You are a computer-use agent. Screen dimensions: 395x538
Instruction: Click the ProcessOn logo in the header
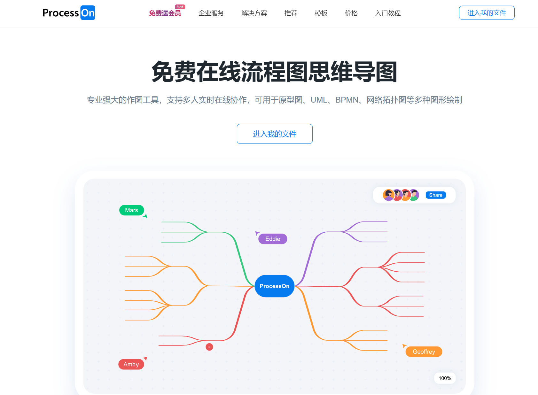click(x=69, y=13)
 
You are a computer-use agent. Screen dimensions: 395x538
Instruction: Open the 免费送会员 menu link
click(x=165, y=13)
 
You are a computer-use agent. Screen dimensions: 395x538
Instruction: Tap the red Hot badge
click(x=180, y=7)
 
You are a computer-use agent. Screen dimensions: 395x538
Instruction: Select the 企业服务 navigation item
click(x=211, y=13)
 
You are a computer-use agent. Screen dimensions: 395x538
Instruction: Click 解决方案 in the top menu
click(x=254, y=13)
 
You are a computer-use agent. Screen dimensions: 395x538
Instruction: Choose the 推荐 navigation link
click(x=291, y=13)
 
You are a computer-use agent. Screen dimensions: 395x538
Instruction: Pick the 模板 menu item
click(x=321, y=13)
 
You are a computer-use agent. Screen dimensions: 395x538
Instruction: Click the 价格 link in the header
click(x=351, y=13)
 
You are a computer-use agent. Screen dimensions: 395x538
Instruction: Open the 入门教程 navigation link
click(x=388, y=13)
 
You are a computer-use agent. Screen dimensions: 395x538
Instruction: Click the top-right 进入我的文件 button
click(x=487, y=13)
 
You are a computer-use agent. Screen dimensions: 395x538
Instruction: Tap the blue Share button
click(x=435, y=195)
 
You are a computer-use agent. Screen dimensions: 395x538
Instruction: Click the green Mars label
click(x=131, y=210)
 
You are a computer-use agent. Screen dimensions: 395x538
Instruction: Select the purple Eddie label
click(x=272, y=239)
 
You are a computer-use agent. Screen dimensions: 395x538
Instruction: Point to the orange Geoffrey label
click(x=424, y=352)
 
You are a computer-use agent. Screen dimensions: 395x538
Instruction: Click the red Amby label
click(x=131, y=364)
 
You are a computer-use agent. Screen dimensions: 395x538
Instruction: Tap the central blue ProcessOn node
click(x=274, y=286)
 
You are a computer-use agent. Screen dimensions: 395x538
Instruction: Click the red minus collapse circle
click(x=209, y=347)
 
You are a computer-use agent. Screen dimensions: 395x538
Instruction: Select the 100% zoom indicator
click(x=445, y=378)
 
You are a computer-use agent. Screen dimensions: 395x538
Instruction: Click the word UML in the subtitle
click(x=319, y=100)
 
